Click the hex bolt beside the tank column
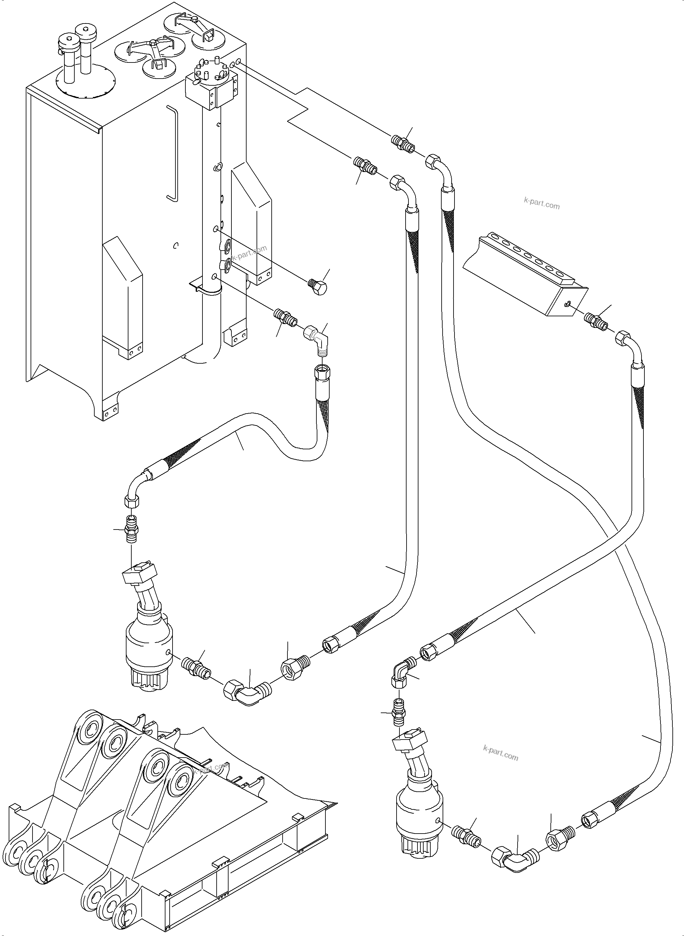[318, 287]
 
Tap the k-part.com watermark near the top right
[542, 204]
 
